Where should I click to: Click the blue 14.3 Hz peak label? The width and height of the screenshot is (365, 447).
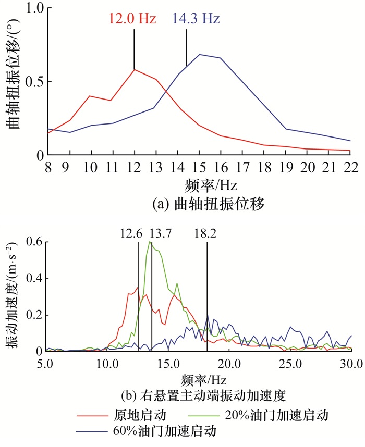click(194, 19)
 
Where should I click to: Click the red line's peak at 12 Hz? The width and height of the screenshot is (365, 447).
click(135, 69)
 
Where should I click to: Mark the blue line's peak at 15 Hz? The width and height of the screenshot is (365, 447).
click(200, 54)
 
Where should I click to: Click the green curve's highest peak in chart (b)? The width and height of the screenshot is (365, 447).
click(150, 242)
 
